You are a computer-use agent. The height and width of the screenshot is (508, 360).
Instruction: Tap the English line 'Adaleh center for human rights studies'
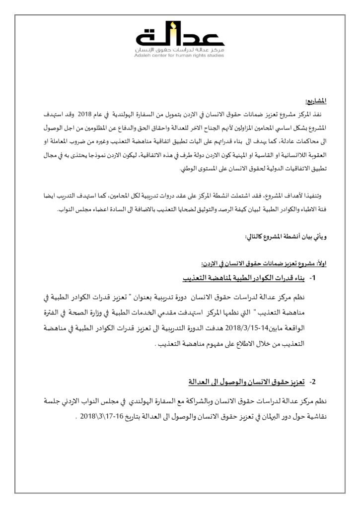180,56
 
